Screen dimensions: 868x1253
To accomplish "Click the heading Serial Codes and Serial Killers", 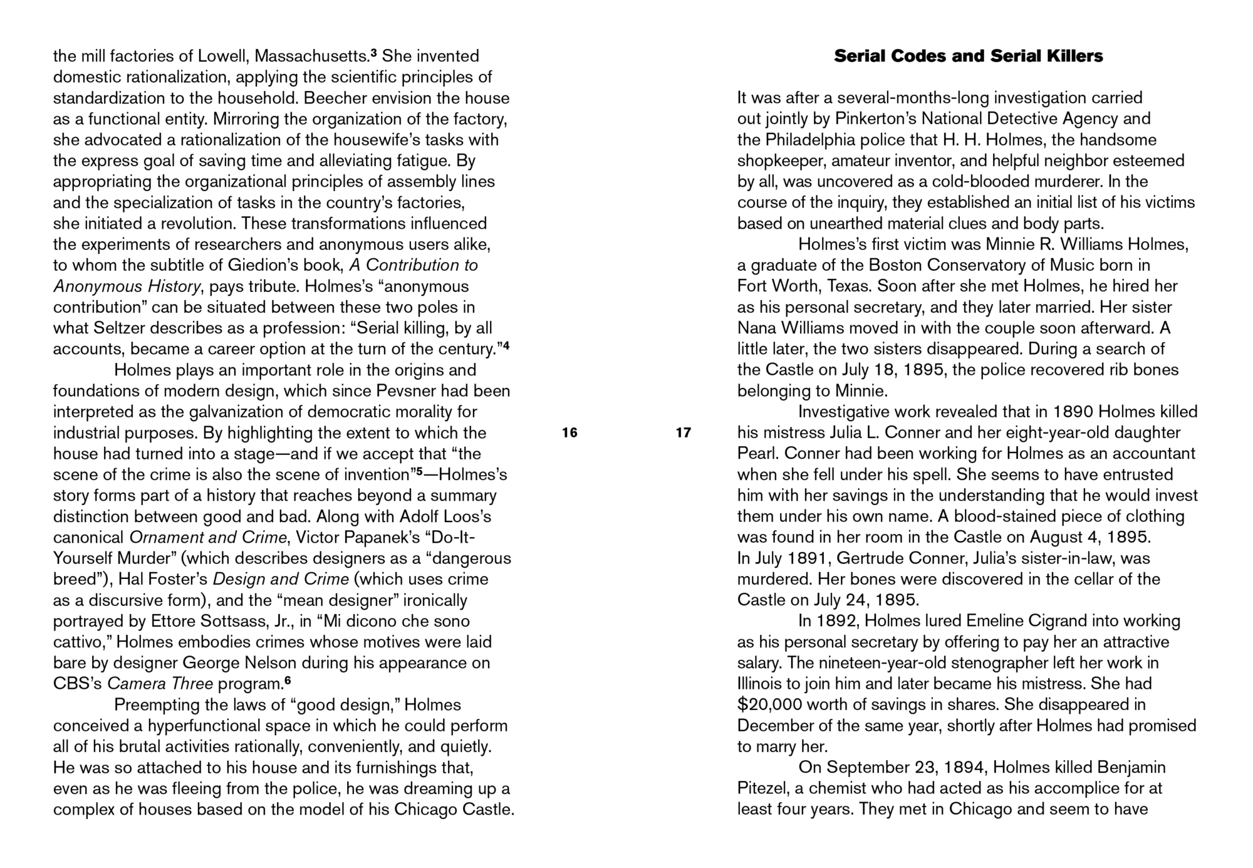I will pos(968,56).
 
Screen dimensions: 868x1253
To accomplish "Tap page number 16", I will pos(569,432).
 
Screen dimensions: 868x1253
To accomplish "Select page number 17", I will pos(684,432).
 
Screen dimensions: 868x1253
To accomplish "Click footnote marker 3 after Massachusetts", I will pos(373,53).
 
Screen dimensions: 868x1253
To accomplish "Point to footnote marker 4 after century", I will pos(506,345).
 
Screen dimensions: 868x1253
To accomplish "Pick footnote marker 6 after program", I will pos(288,680).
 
